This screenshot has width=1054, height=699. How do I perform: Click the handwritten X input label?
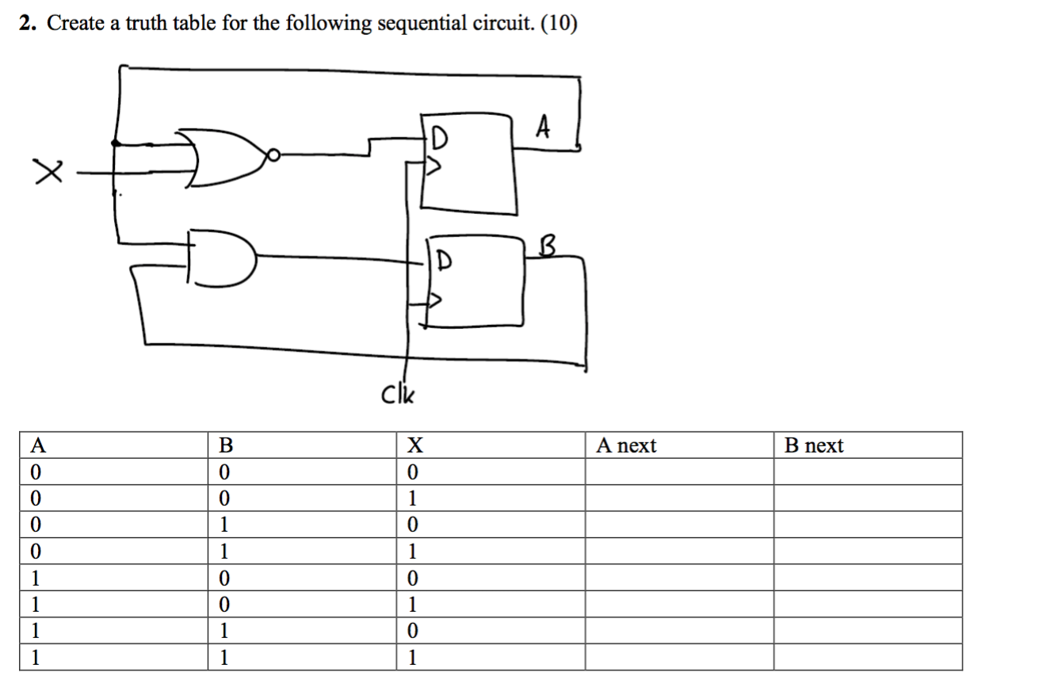(47, 171)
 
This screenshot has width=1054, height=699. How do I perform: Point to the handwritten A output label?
(543, 127)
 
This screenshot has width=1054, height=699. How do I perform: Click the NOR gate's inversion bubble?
(273, 156)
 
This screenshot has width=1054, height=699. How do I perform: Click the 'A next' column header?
(626, 446)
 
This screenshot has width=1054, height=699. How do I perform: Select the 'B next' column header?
(814, 446)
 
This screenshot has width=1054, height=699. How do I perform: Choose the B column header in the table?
(226, 446)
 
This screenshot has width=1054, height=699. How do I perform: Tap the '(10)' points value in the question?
(559, 25)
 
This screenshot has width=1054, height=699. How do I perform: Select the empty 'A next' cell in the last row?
(679, 658)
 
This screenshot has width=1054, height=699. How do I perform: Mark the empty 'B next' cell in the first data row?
(868, 472)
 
